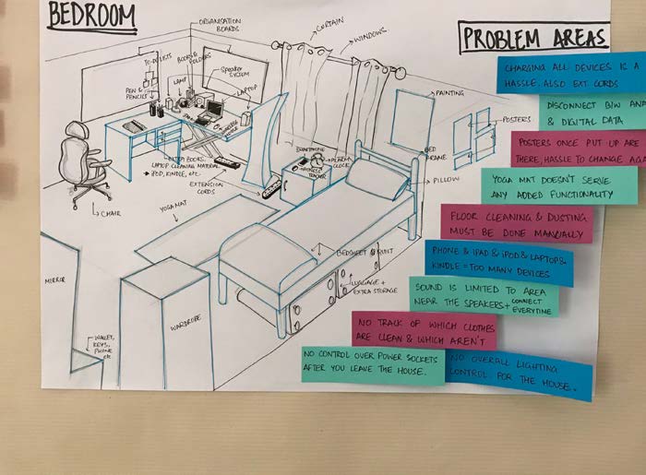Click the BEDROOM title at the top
[91, 15]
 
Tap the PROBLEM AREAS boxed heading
[534, 38]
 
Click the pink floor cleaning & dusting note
[516, 222]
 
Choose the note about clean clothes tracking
[424, 329]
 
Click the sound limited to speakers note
[484, 296]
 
